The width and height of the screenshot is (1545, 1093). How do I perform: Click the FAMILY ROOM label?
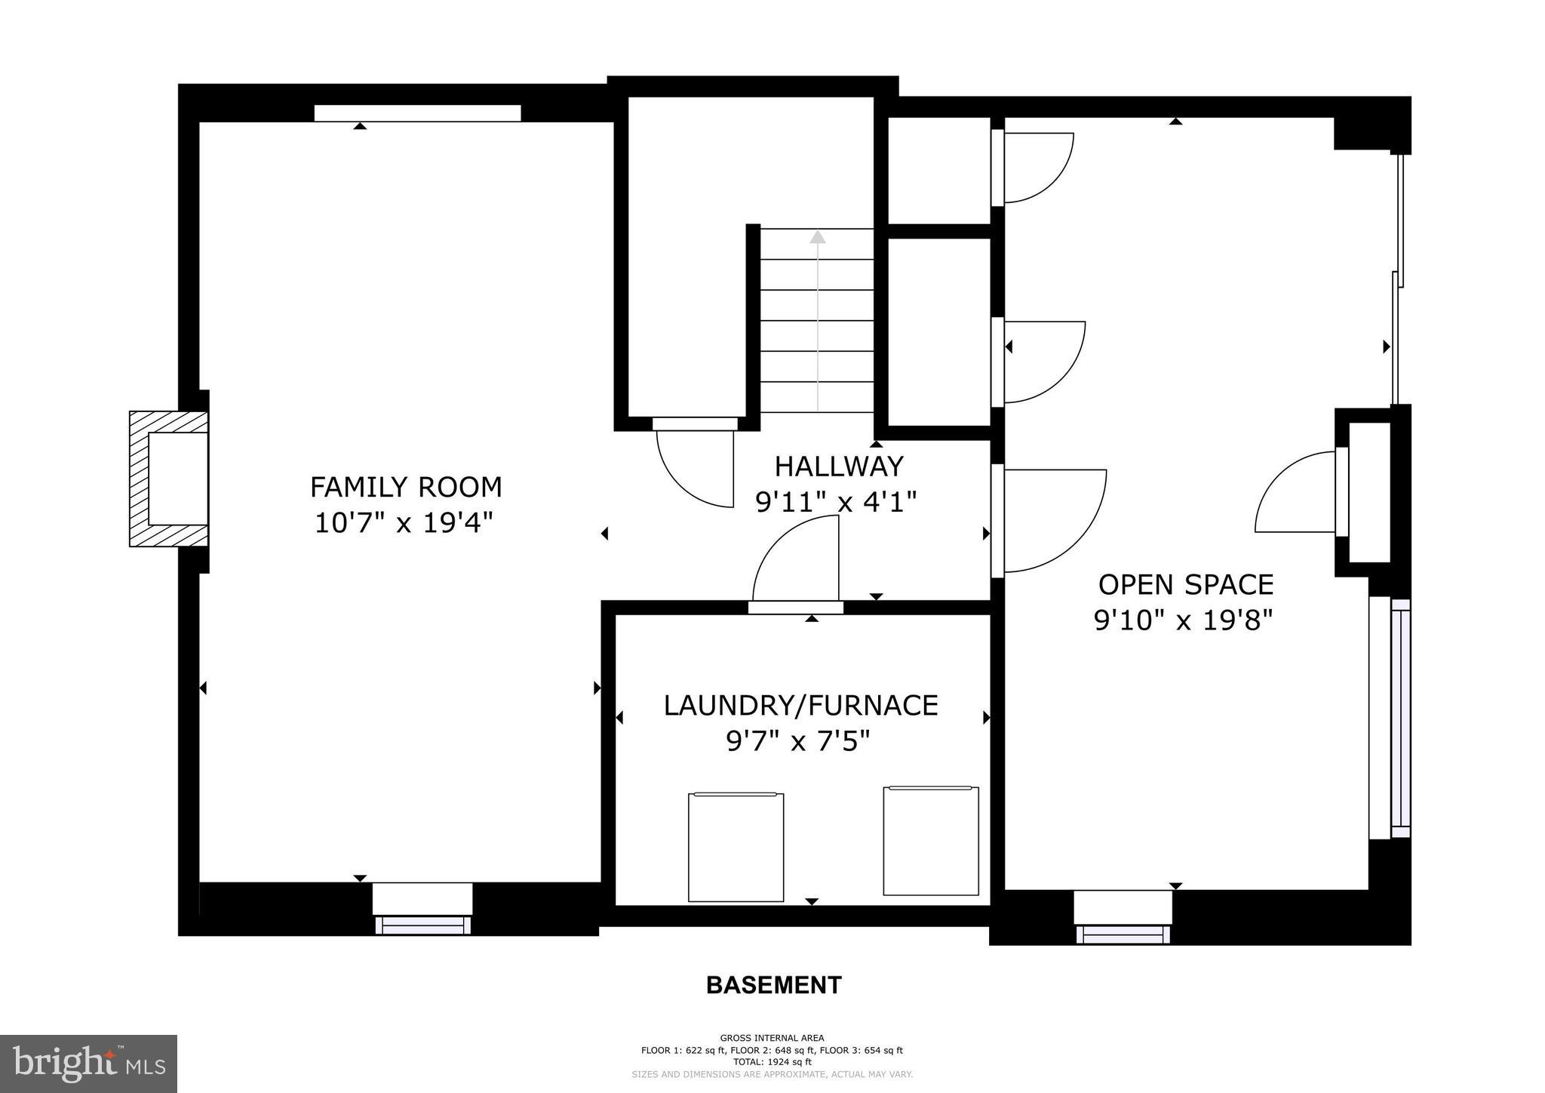pyautogui.click(x=406, y=487)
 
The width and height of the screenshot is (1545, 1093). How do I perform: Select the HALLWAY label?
pyautogui.click(x=839, y=466)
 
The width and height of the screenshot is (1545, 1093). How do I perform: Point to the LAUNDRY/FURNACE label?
pyautogui.click(x=800, y=706)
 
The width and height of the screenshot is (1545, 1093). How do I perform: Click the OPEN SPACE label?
pyautogui.click(x=1185, y=585)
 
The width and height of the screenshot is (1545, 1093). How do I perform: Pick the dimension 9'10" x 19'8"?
pyautogui.click(x=1183, y=620)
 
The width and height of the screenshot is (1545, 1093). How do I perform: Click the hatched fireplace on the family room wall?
pyautogui.click(x=167, y=479)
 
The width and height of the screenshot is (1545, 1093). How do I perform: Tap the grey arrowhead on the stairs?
pyautogui.click(x=817, y=237)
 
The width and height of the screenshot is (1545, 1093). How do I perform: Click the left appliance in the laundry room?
pyautogui.click(x=736, y=846)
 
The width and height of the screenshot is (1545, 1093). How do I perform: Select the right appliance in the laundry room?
pyautogui.click(x=931, y=841)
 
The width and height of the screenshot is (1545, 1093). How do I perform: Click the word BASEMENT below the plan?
pyautogui.click(x=773, y=985)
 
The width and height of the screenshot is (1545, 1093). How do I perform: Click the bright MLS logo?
pyautogui.click(x=88, y=1064)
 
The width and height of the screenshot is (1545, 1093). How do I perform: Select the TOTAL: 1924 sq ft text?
pyautogui.click(x=772, y=1061)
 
